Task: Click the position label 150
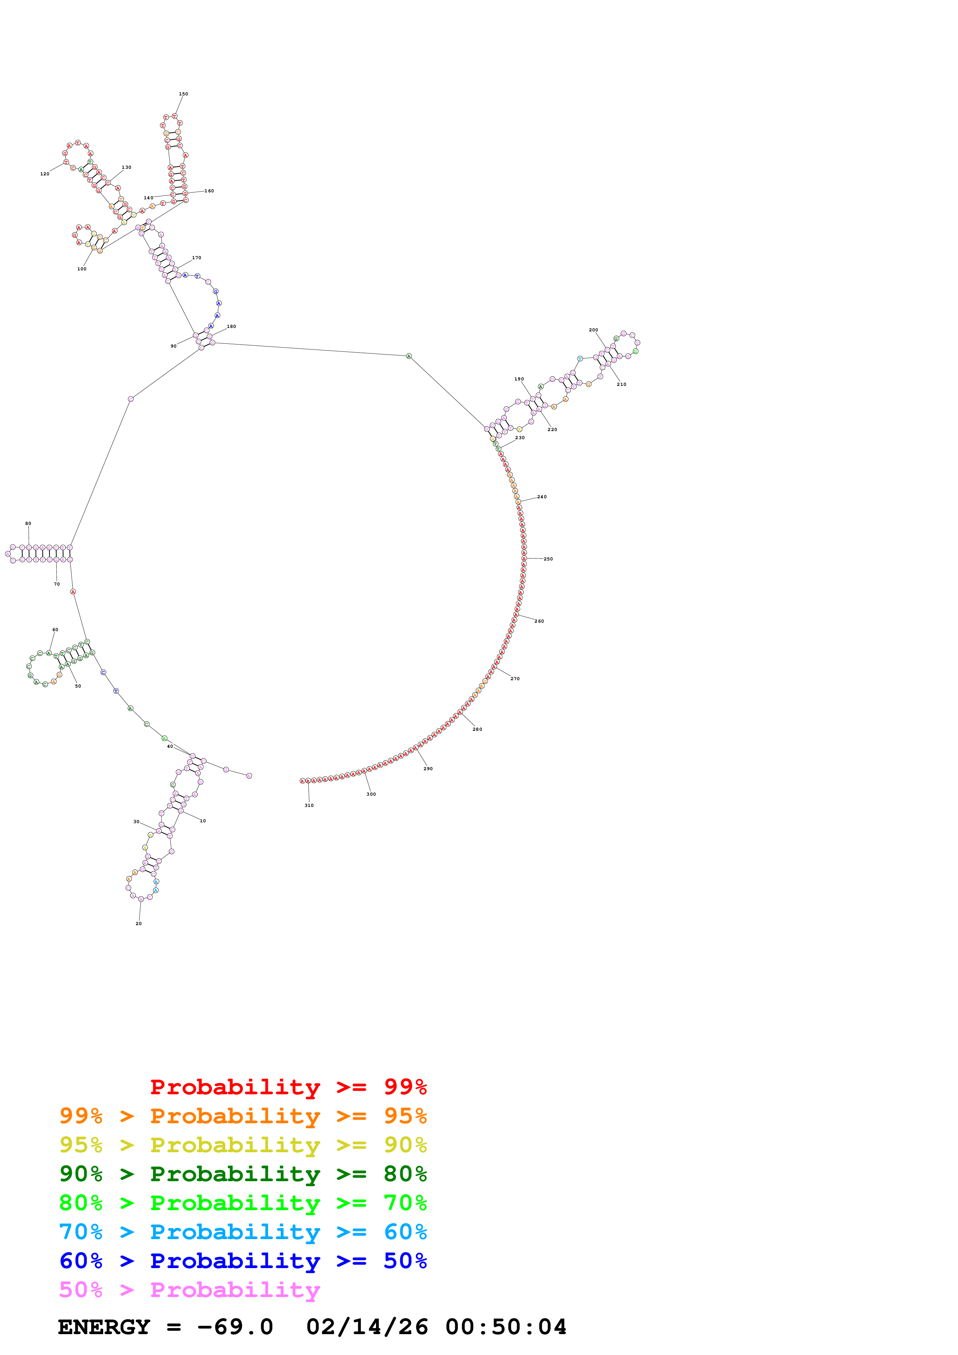pos(184,94)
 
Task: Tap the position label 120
pos(45,174)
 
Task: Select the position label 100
pos(82,269)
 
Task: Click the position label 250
pos(548,559)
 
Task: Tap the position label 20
pos(139,924)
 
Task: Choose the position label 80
pos(28,523)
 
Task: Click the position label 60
pos(56,630)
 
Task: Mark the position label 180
pos(231,326)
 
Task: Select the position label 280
pos(478,729)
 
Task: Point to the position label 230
pos(520,438)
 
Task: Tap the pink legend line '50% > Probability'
pos(189,1289)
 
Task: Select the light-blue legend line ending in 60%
pos(243,1232)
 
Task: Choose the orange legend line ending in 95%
pos(243,1116)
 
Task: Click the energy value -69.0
pos(235,1327)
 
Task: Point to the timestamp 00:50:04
pos(506,1327)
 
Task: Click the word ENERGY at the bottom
pos(104,1327)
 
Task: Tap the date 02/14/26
pos(367,1327)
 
